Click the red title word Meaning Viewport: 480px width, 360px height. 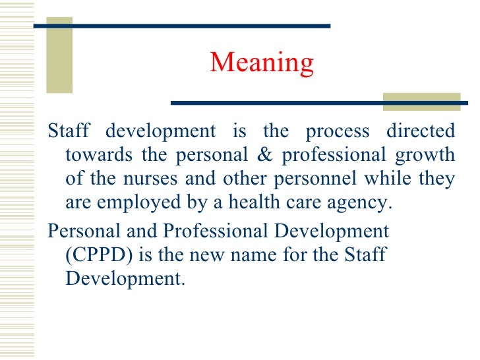pyautogui.click(x=262, y=63)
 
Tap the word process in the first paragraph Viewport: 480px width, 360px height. pyautogui.click(x=338, y=131)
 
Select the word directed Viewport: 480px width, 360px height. pyautogui.click(x=421, y=131)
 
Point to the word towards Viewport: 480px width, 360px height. pyautogui.click(x=96, y=156)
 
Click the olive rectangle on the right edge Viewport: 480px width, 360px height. pyautogui.click(x=421, y=101)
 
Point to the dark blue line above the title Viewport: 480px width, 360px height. pyautogui.click(x=181, y=26)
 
